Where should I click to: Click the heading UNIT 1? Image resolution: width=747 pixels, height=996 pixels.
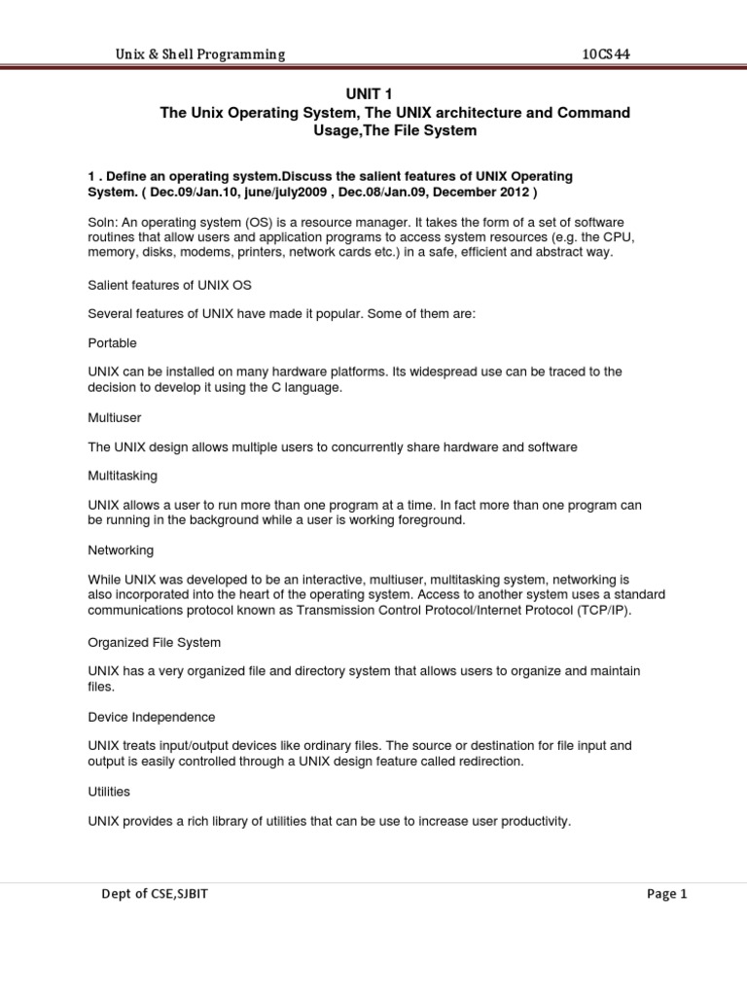pyautogui.click(x=373, y=94)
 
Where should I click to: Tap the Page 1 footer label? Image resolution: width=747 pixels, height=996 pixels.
pyautogui.click(x=666, y=895)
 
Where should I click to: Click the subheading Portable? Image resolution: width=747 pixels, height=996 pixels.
pyautogui.click(x=112, y=343)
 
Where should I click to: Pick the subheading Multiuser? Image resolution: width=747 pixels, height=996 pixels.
pyautogui.click(x=114, y=418)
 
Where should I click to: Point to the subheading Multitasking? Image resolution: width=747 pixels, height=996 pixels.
pyautogui.click(x=123, y=477)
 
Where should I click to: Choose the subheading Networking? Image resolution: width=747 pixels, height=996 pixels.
pyautogui.click(x=121, y=551)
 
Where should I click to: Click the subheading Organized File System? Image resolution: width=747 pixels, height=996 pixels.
pyautogui.click(x=155, y=643)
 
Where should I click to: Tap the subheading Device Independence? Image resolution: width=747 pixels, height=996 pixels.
pyautogui.click(x=152, y=717)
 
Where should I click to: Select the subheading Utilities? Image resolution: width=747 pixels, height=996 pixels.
pyautogui.click(x=109, y=792)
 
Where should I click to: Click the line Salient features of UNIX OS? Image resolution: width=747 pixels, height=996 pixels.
pyautogui.click(x=170, y=284)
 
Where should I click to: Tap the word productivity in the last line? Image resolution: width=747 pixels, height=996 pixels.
pyautogui.click(x=534, y=822)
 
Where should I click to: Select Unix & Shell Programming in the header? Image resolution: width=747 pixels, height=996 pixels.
pyautogui.click(x=200, y=55)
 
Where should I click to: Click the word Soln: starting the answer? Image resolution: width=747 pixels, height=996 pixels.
pyautogui.click(x=103, y=222)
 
